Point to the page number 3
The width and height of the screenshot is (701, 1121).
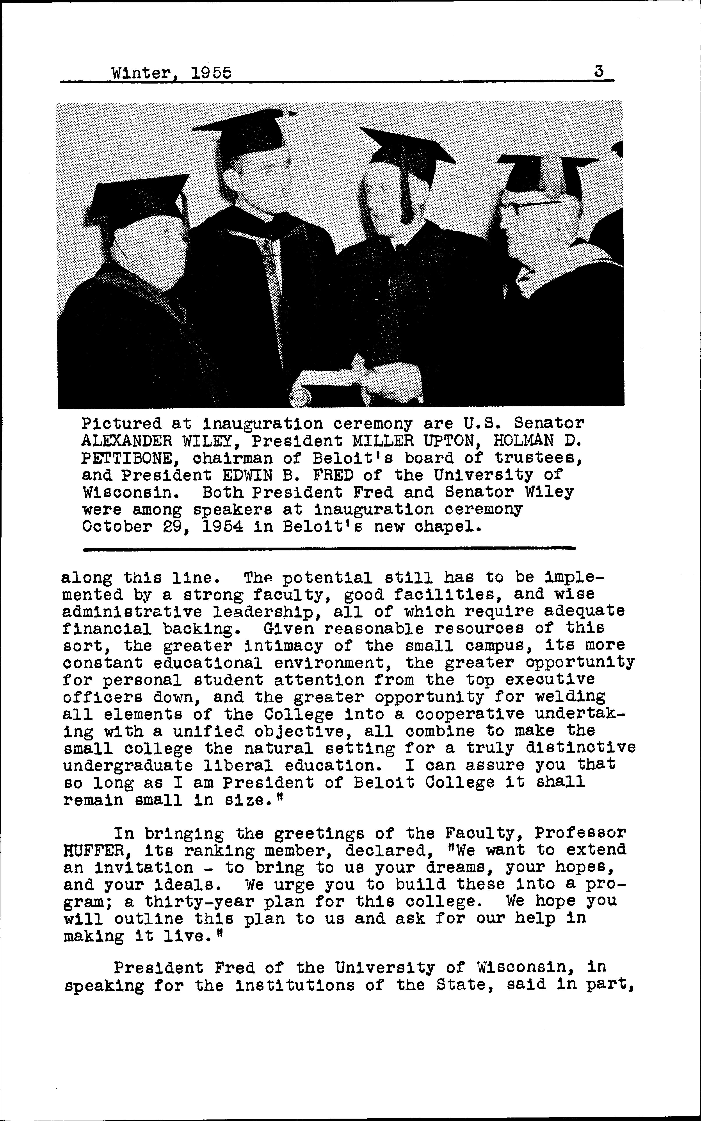[x=599, y=72]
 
